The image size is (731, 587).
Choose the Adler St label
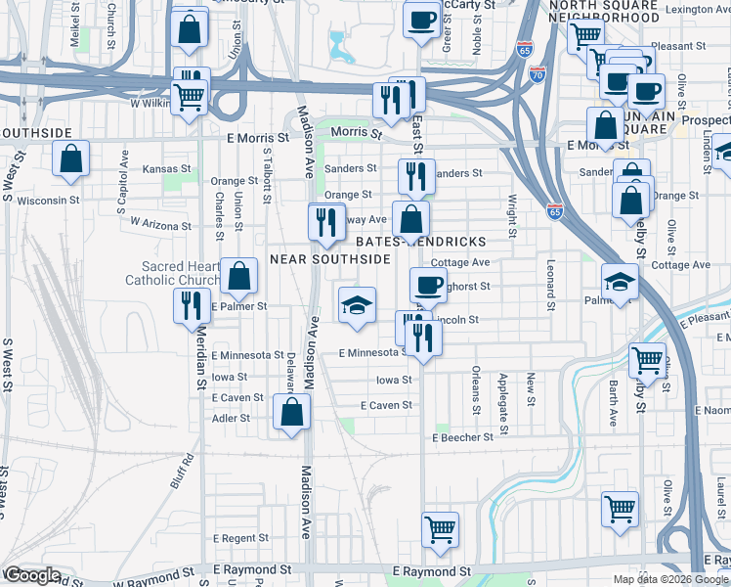click(x=231, y=418)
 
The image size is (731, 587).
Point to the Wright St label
click(x=511, y=216)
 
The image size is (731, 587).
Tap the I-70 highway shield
click(x=537, y=74)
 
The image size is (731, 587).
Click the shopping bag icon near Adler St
click(x=291, y=413)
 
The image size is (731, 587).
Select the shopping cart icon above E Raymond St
click(x=441, y=529)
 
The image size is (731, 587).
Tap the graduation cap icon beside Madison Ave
click(x=357, y=305)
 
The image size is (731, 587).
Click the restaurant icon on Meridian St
click(x=192, y=306)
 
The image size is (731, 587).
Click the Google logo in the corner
click(x=32, y=575)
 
